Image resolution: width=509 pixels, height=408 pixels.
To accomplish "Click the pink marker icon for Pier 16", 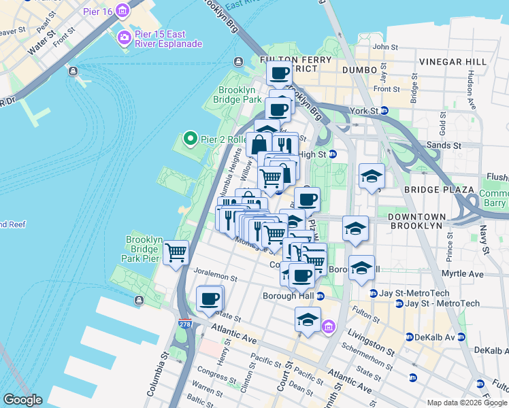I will (122, 10).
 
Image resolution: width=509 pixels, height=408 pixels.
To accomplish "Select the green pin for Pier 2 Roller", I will (190, 139).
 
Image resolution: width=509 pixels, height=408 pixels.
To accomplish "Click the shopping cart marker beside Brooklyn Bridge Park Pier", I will (176, 253).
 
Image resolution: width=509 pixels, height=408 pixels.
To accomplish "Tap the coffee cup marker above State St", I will (210, 299).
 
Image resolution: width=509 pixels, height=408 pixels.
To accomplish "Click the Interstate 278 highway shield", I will (185, 325).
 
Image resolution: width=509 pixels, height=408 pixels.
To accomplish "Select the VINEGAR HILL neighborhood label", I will (453, 62).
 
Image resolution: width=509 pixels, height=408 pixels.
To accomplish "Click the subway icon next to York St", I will (384, 110).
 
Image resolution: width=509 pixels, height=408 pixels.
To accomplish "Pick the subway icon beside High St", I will (333, 154).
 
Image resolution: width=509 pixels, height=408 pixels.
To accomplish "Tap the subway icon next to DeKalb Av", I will (409, 337).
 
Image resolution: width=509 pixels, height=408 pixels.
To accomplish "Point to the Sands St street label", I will (444, 146).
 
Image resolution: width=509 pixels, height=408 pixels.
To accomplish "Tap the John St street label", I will (385, 47).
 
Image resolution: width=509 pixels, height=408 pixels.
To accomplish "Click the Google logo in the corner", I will (22, 400).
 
